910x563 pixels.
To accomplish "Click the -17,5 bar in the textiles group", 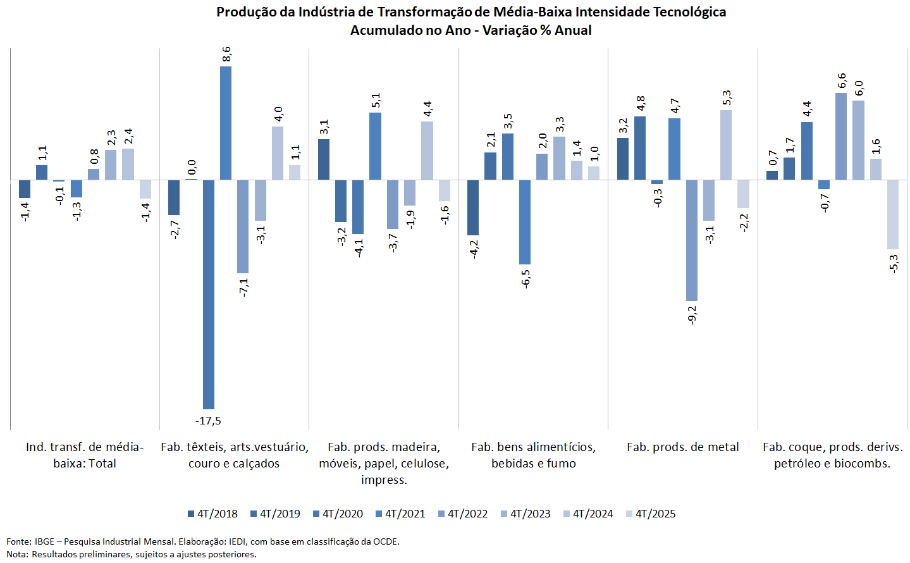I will pyautogui.click(x=208, y=294).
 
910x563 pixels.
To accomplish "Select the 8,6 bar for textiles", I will pyautogui.click(x=226, y=123).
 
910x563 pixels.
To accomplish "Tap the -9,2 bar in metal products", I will pyautogui.click(x=691, y=240).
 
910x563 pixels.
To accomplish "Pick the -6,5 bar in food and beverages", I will pyautogui.click(x=524, y=222).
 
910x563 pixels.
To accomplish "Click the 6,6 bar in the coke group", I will pyautogui.click(x=840, y=136).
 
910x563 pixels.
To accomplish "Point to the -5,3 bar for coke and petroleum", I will pyautogui.click(x=892, y=214).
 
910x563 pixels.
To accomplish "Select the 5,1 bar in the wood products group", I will pyautogui.click(x=375, y=146).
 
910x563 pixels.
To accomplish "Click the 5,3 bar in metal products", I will pyautogui.click(x=726, y=145).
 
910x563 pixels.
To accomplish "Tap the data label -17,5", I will pyautogui.click(x=208, y=421).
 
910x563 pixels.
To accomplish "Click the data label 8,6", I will pyautogui.click(x=226, y=54).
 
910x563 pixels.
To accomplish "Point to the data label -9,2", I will pyautogui.click(x=692, y=314).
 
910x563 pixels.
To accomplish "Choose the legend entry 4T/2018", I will pyautogui.click(x=212, y=514).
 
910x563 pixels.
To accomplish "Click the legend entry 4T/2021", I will pyautogui.click(x=400, y=514).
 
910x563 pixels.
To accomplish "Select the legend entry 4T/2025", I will pyautogui.click(x=651, y=514).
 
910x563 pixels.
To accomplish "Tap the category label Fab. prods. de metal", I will pyautogui.click(x=683, y=447).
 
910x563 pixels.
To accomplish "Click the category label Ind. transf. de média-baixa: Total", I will pyautogui.click(x=85, y=455).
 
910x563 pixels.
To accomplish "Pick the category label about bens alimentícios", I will pyautogui.click(x=534, y=455).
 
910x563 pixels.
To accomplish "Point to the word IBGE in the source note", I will pyautogui.click(x=44, y=541).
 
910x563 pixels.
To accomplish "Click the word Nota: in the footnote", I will pyautogui.click(x=18, y=554).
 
